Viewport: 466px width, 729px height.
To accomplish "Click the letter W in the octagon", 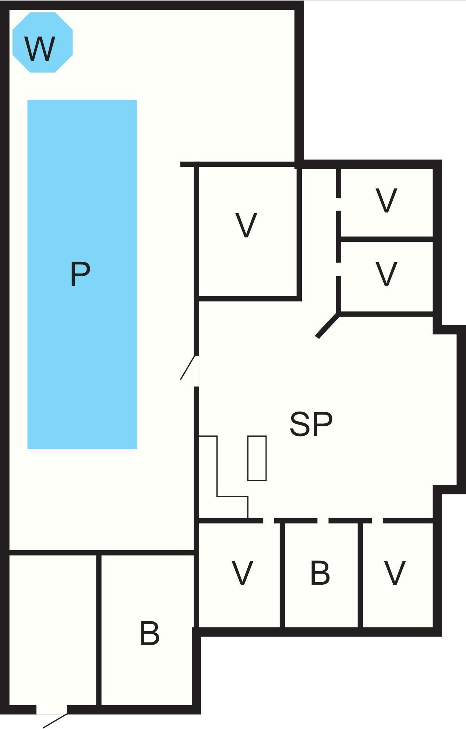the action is pyautogui.click(x=40, y=49).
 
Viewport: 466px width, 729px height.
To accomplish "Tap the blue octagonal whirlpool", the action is pyautogui.click(x=43, y=42).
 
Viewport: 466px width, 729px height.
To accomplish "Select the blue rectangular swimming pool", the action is pyautogui.click(x=82, y=274).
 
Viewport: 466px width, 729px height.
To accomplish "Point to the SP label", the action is pyautogui.click(x=311, y=424).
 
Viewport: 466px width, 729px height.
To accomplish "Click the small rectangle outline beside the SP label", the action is pyautogui.click(x=257, y=458).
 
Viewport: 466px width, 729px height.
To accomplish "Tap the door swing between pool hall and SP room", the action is pyautogui.click(x=188, y=367).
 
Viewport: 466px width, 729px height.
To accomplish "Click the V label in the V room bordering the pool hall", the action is pyautogui.click(x=246, y=225).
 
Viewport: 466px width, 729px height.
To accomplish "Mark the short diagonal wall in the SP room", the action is pyautogui.click(x=328, y=325).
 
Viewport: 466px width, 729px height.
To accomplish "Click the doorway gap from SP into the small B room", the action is pyautogui.click(x=323, y=521).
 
